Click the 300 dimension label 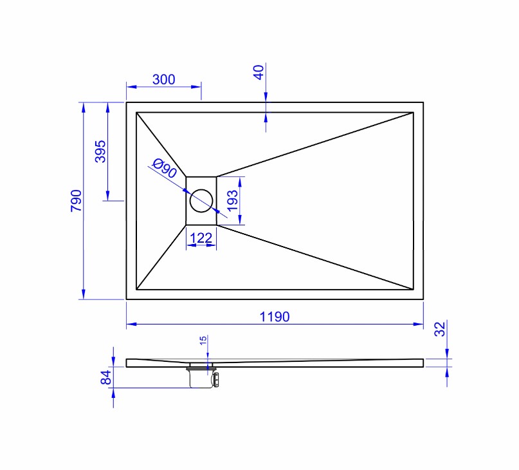(x=163, y=80)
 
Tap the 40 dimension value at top (x=259, y=72)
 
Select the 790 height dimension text (x=76, y=200)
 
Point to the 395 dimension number (x=100, y=151)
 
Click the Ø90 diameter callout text (x=165, y=168)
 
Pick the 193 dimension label (x=232, y=200)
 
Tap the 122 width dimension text (x=201, y=238)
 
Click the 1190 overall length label (x=275, y=317)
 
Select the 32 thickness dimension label (x=441, y=329)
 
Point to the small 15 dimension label (x=203, y=340)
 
